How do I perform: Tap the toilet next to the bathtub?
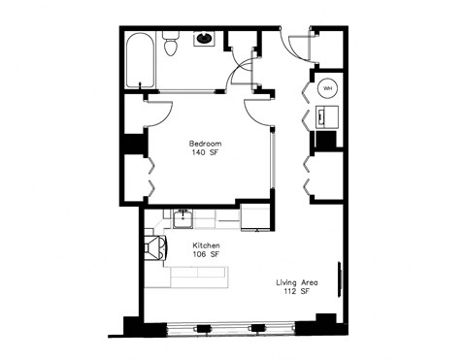(x=171, y=45)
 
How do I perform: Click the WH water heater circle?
(x=327, y=87)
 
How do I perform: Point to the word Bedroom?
(x=206, y=143)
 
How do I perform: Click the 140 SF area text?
(x=206, y=152)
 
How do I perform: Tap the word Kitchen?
(x=207, y=245)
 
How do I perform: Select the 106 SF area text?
(x=207, y=255)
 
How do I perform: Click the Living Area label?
(x=291, y=281)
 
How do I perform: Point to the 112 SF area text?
(x=291, y=291)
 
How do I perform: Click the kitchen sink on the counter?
(x=183, y=218)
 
